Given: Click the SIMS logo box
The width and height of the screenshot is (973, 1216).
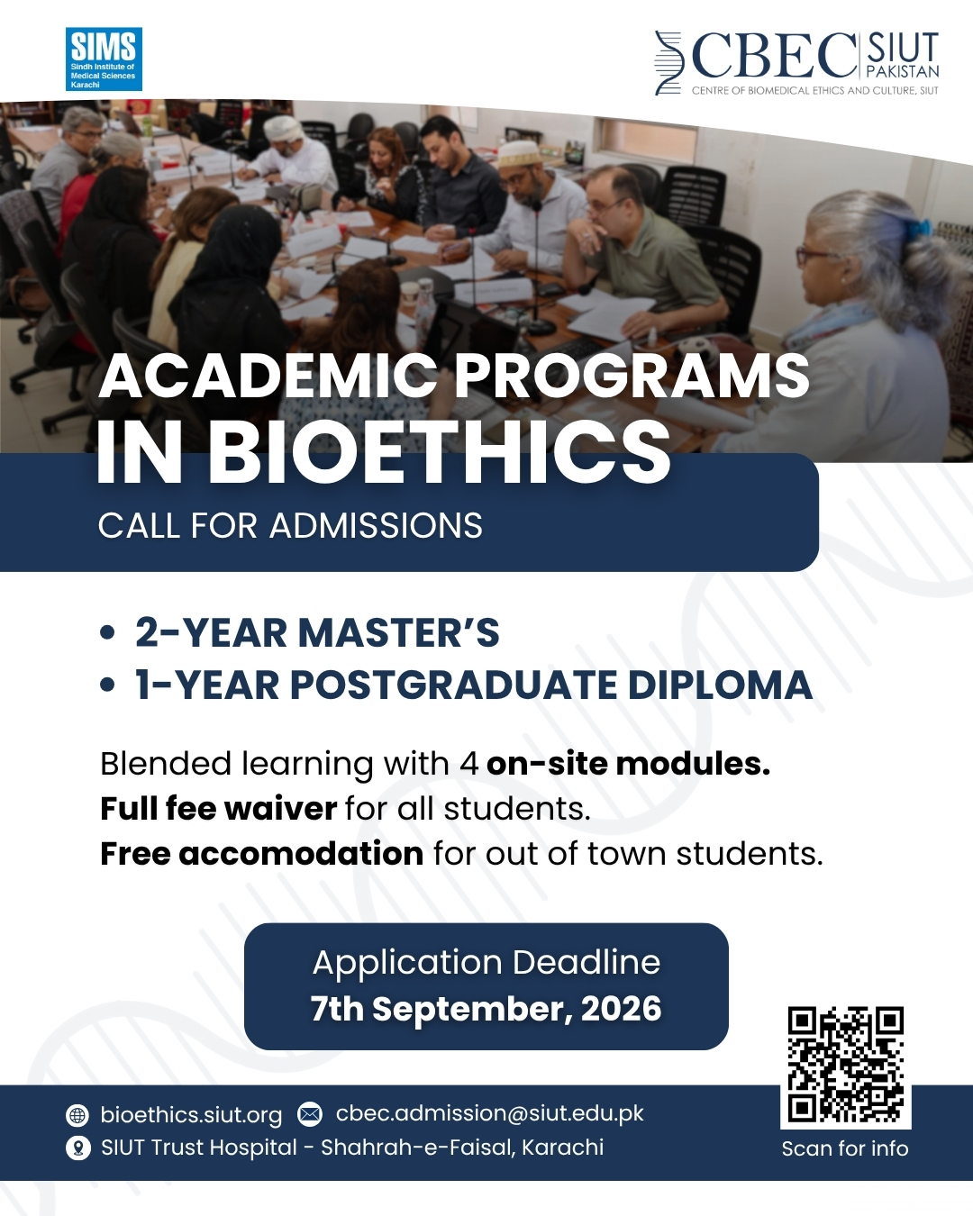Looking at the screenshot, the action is pos(104,59).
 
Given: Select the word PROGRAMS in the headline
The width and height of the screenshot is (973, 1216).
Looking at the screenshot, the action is pos(632,377).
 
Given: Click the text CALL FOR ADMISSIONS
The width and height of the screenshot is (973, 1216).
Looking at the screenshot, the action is pos(290,526).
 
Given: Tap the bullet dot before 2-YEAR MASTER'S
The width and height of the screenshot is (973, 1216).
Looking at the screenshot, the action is pos(107,633).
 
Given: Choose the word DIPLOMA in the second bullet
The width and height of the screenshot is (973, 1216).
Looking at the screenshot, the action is pos(720,685).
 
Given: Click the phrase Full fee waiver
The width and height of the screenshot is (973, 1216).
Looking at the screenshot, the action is pos(218,808).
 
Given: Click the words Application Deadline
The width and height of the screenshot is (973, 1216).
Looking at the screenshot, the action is pos(486,962).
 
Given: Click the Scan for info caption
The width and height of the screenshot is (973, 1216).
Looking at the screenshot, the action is pos(845,1148).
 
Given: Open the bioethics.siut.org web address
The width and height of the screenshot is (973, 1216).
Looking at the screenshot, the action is pos(191,1114).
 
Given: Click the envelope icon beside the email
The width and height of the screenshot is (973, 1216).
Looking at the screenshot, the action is pos(310,1113).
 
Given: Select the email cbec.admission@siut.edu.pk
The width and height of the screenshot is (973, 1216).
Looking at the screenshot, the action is pos(489,1113).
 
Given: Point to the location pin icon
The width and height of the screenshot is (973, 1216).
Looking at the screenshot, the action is pos(78,1148).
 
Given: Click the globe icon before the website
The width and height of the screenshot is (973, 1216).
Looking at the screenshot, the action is pos(77,1115).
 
